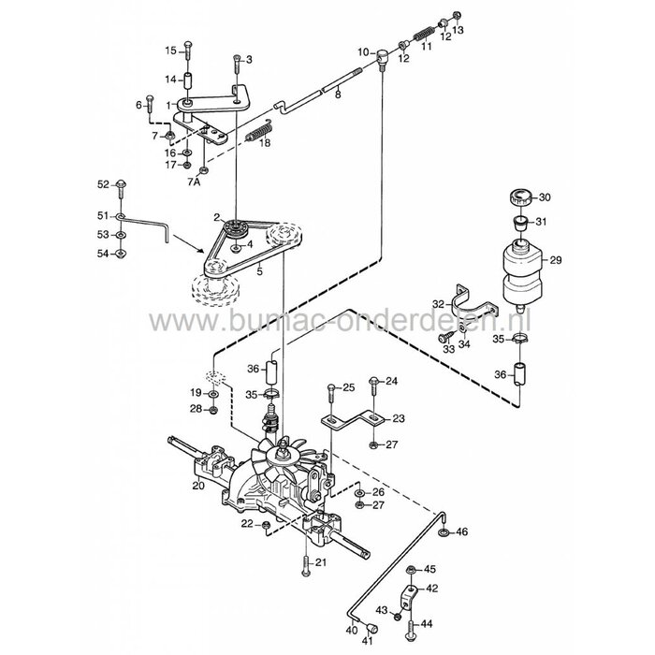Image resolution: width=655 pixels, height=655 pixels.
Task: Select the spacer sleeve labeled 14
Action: (x=187, y=79)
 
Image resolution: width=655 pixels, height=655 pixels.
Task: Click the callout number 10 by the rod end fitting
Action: (x=365, y=53)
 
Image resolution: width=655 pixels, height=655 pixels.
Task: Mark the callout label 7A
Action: (x=195, y=183)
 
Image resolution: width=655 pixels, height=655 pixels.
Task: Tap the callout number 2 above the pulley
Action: (x=216, y=217)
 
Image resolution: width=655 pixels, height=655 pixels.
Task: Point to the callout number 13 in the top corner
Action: (x=458, y=29)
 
